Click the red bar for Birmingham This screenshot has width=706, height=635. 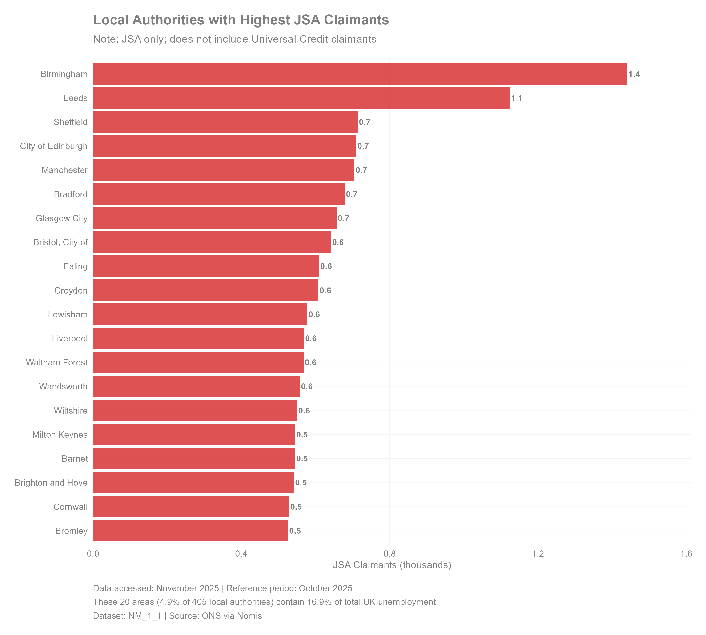(360, 74)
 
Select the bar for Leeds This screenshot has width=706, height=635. (301, 98)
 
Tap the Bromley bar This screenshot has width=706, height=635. (190, 531)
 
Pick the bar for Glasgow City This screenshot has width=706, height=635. (214, 218)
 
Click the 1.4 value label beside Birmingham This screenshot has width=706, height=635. (634, 74)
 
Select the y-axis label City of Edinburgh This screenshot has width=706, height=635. (54, 146)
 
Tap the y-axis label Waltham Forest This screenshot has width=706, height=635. (56, 362)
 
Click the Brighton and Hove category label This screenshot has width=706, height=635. (51, 483)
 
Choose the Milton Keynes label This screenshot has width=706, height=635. (60, 435)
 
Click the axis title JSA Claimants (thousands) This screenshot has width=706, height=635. (392, 565)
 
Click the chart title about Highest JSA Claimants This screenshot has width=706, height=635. (241, 20)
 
